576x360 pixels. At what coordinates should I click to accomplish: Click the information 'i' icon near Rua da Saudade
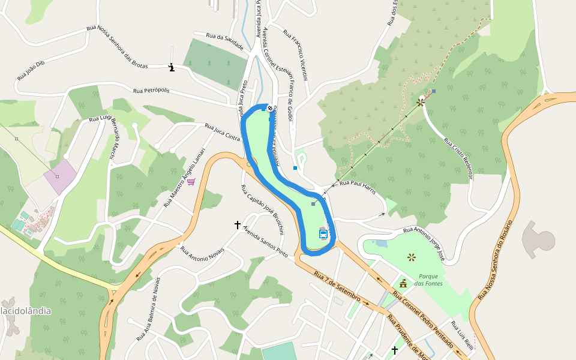(172, 68)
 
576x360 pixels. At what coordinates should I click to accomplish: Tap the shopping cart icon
(191, 181)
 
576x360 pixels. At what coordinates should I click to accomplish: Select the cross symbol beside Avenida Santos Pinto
(238, 225)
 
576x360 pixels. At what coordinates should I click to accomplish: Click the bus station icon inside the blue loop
(323, 234)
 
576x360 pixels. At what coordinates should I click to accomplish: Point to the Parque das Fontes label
(428, 280)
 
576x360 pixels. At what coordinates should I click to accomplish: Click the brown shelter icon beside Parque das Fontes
(403, 283)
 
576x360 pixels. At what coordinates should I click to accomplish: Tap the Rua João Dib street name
(31, 71)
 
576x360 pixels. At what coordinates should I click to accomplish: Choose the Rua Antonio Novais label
(202, 254)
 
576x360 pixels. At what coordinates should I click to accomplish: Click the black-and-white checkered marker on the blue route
(270, 108)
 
